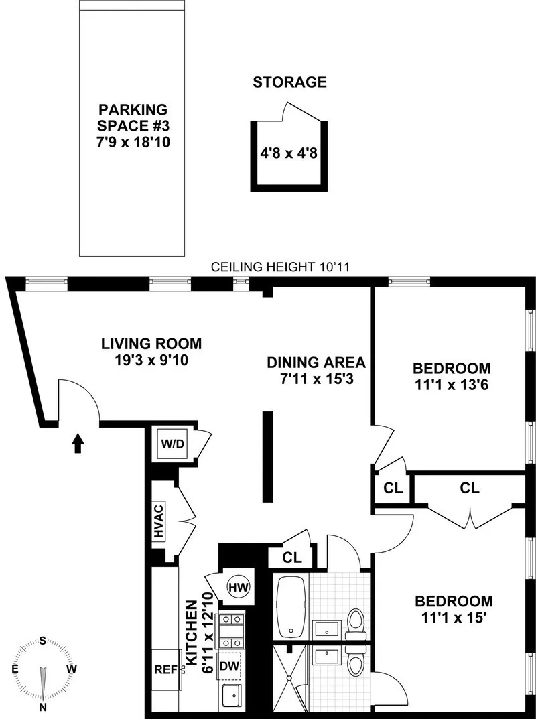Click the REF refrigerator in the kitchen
point(165,669)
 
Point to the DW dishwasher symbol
point(230,665)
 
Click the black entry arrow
point(78,442)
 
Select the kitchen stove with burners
point(232,628)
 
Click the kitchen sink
point(231,697)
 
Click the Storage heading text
point(289,83)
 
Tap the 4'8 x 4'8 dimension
point(288,152)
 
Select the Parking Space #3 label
point(132,117)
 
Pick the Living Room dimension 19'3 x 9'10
point(151,360)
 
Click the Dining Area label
point(316,363)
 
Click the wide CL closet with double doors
point(470,488)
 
